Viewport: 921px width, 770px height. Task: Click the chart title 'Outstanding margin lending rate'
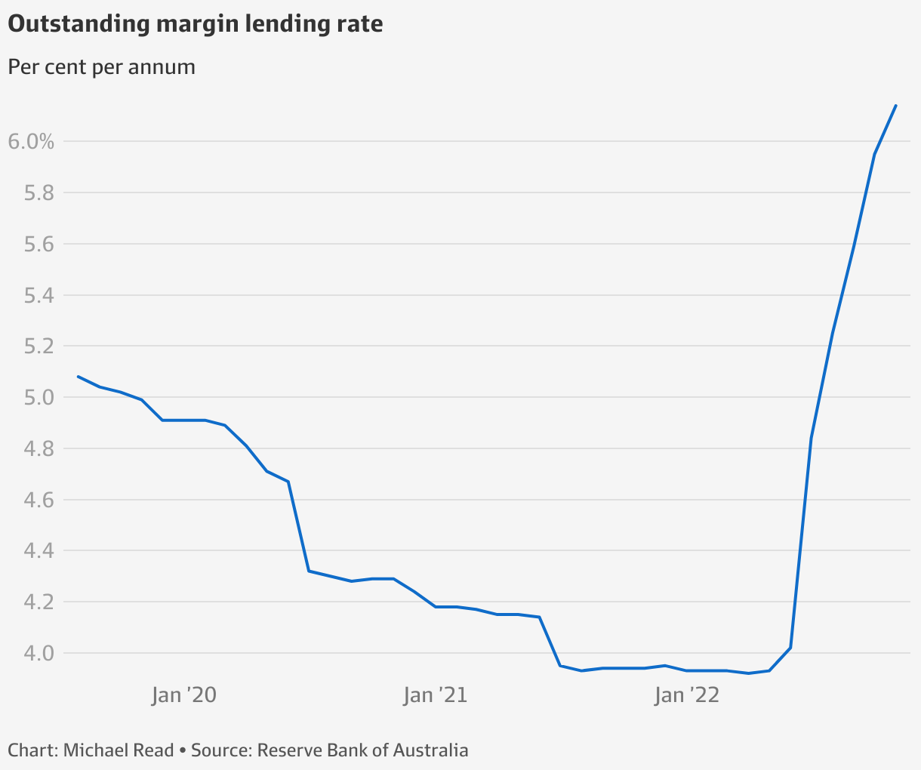click(x=195, y=24)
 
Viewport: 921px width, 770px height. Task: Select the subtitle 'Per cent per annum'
click(x=101, y=67)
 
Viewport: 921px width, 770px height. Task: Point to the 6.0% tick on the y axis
click(x=31, y=141)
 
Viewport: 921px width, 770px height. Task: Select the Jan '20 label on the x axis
click(x=183, y=695)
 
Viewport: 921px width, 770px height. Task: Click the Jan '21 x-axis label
click(x=436, y=695)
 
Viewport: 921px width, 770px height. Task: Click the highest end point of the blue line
click(x=895, y=106)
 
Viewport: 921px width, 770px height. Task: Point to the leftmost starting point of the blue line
click(x=79, y=376)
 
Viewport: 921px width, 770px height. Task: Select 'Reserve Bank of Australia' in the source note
click(x=362, y=750)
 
